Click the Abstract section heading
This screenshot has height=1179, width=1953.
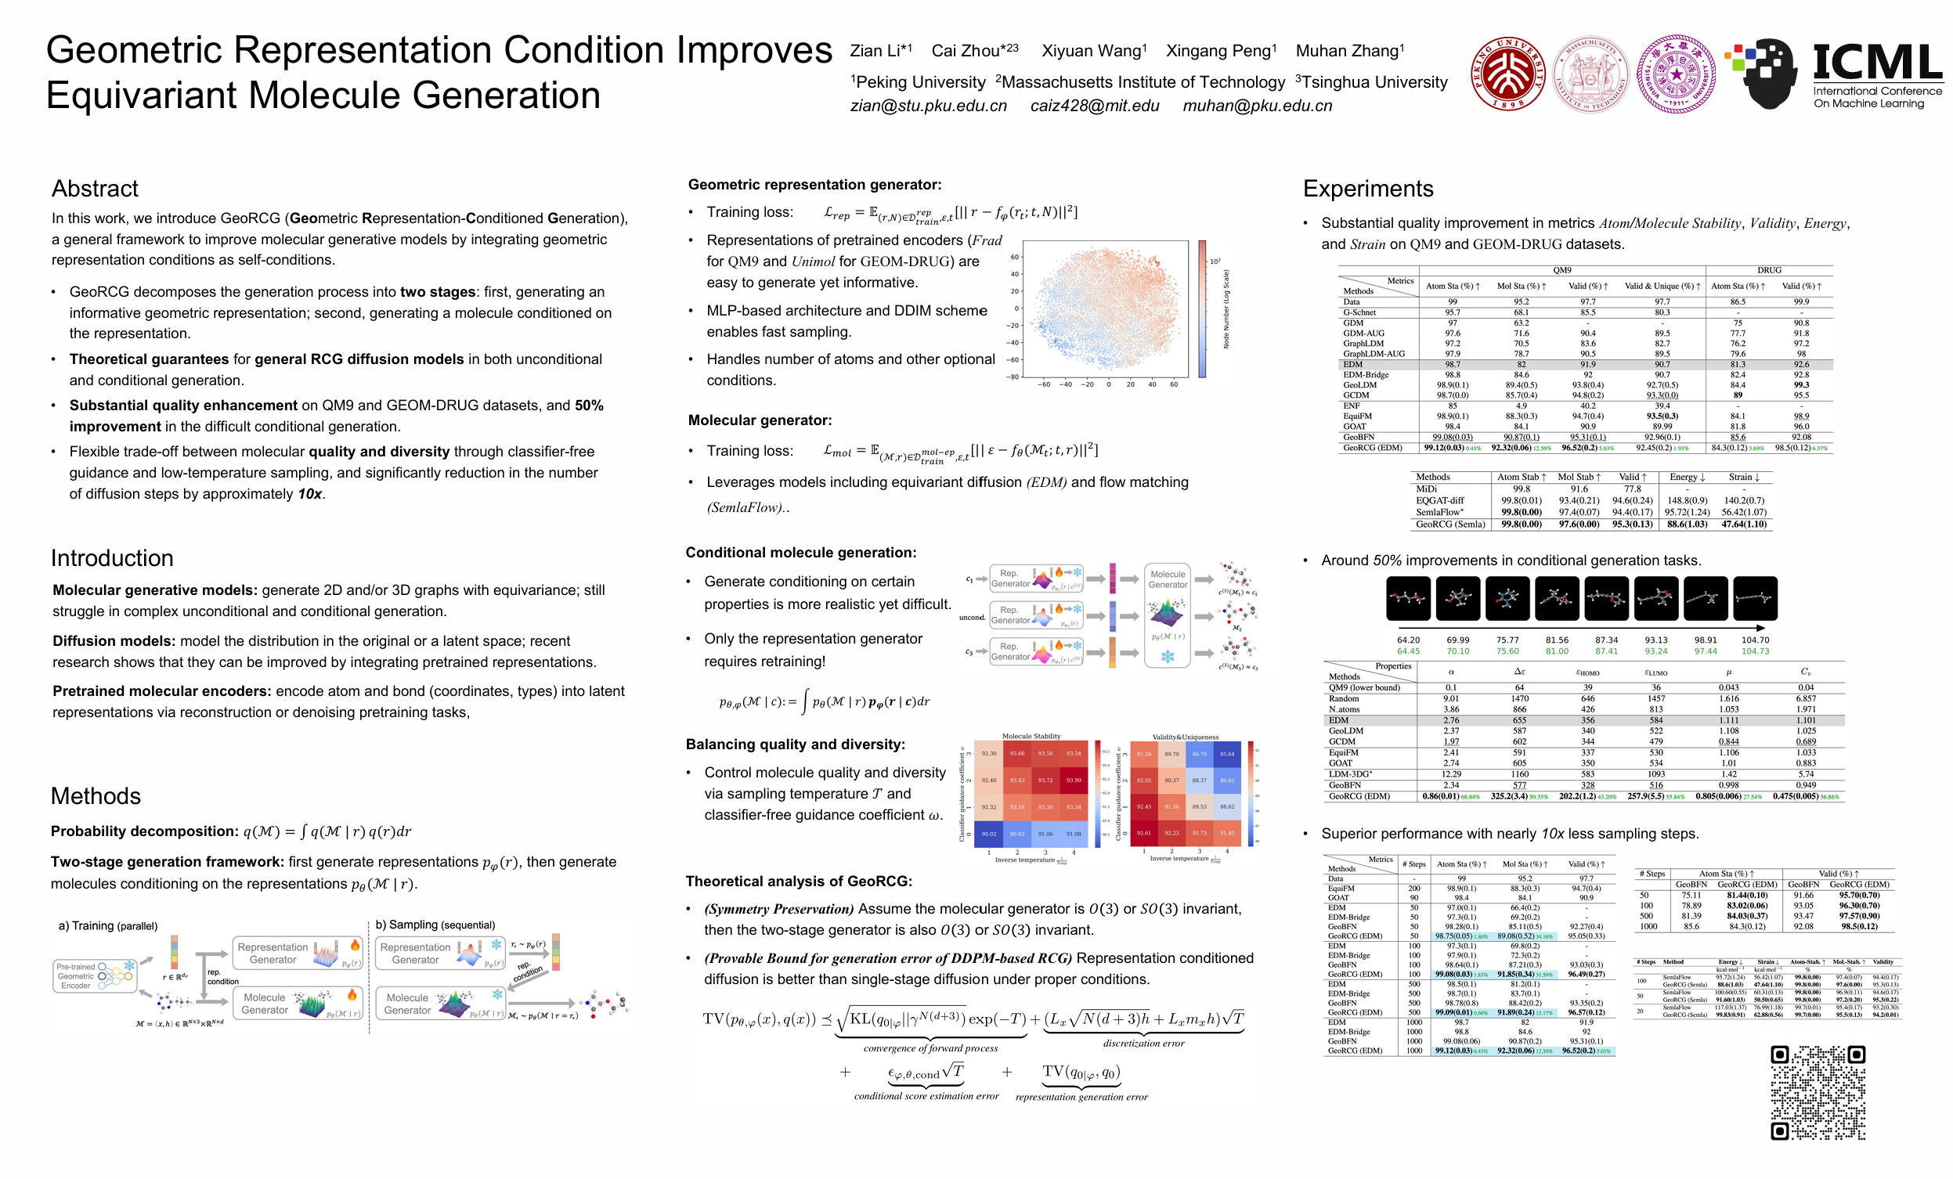point(94,189)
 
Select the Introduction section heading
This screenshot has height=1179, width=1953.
point(112,558)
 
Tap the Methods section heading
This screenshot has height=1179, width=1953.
point(95,795)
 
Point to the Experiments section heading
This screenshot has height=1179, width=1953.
point(1367,189)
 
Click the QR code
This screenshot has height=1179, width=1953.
point(1818,1092)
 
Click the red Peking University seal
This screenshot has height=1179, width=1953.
point(1507,74)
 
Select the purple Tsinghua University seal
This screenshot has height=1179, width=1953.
point(1676,74)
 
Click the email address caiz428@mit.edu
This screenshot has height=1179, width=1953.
point(1094,106)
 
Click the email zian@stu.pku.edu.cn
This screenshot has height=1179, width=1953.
point(928,106)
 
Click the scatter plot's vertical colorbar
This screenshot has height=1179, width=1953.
point(1202,309)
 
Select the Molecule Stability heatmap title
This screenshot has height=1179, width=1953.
point(1031,736)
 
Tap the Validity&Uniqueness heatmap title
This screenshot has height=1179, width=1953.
point(1185,737)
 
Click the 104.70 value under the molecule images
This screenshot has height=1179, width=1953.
point(1755,640)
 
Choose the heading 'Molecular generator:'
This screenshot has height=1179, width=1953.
point(760,420)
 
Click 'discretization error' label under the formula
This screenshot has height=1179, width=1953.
point(1143,1044)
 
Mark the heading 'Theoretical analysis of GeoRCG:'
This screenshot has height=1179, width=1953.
point(798,881)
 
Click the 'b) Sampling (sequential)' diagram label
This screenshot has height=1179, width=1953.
point(435,925)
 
